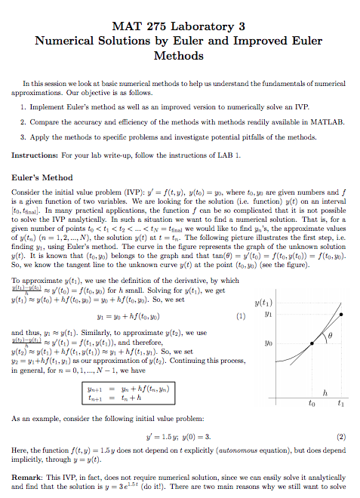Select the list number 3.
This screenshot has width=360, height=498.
coord(24,137)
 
